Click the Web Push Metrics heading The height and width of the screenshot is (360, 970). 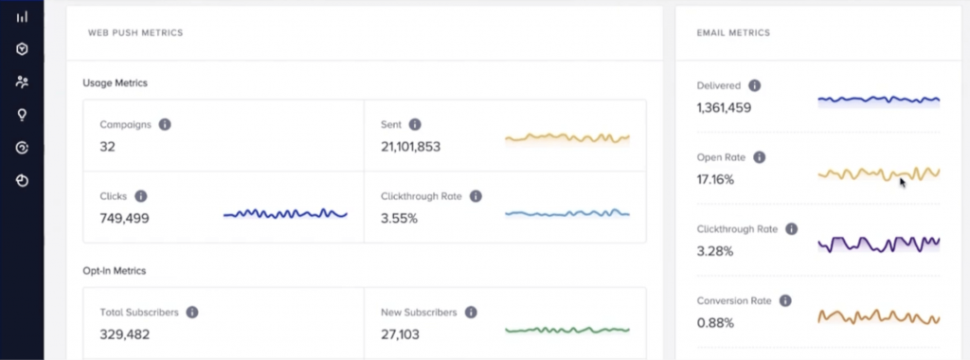click(x=135, y=33)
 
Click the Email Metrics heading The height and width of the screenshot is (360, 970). click(x=733, y=33)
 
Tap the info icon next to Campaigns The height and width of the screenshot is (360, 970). click(x=165, y=124)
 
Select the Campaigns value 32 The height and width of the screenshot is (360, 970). click(x=107, y=147)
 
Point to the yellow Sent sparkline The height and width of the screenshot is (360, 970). click(x=566, y=138)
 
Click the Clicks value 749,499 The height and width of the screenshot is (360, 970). click(x=124, y=219)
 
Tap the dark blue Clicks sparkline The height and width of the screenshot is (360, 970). click(x=285, y=214)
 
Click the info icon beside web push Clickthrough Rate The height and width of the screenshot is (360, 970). click(x=476, y=196)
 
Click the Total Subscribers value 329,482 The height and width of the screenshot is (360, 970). click(x=124, y=334)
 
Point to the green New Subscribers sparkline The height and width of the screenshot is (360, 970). click(x=566, y=330)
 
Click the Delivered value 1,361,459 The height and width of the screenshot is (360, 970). click(x=724, y=108)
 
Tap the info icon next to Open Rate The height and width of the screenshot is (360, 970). click(x=759, y=157)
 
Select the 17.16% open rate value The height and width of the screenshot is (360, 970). click(x=715, y=180)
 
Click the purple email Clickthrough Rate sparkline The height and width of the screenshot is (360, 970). click(x=878, y=243)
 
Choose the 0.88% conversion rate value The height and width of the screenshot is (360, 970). click(x=714, y=323)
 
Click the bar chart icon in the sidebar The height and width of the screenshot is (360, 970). click(x=22, y=16)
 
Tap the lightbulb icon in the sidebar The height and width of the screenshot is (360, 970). click(x=22, y=115)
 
